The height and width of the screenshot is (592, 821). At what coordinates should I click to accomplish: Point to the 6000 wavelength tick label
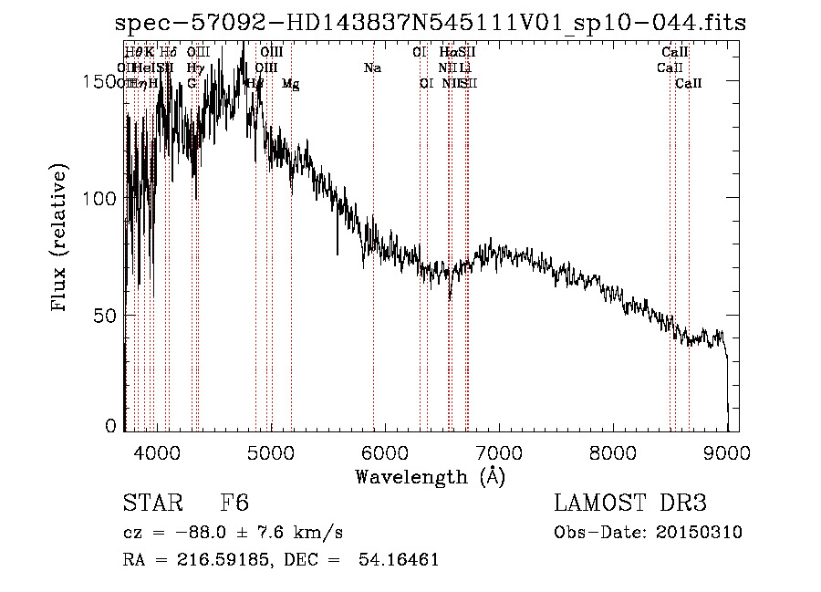pos(385,452)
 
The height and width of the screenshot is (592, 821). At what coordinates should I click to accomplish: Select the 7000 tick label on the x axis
pos(499,452)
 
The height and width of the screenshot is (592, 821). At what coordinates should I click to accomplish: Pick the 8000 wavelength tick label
pos(613,452)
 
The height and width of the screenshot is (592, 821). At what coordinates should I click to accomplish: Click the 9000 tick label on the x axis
pos(727,452)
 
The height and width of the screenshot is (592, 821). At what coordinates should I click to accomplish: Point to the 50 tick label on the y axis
pos(106,315)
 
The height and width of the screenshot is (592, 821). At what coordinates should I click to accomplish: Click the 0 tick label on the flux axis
pos(111,425)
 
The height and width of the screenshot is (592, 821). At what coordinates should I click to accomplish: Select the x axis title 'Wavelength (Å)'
pos(429,476)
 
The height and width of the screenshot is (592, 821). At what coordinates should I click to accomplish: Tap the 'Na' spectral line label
pos(372,68)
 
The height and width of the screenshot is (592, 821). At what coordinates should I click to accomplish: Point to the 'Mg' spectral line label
pos(290,84)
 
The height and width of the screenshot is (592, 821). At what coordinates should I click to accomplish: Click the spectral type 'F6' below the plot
pos(234,504)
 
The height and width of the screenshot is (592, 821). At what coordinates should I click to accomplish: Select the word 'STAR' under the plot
pos(151,504)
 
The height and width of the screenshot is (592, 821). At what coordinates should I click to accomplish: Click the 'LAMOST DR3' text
pos(630,504)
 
